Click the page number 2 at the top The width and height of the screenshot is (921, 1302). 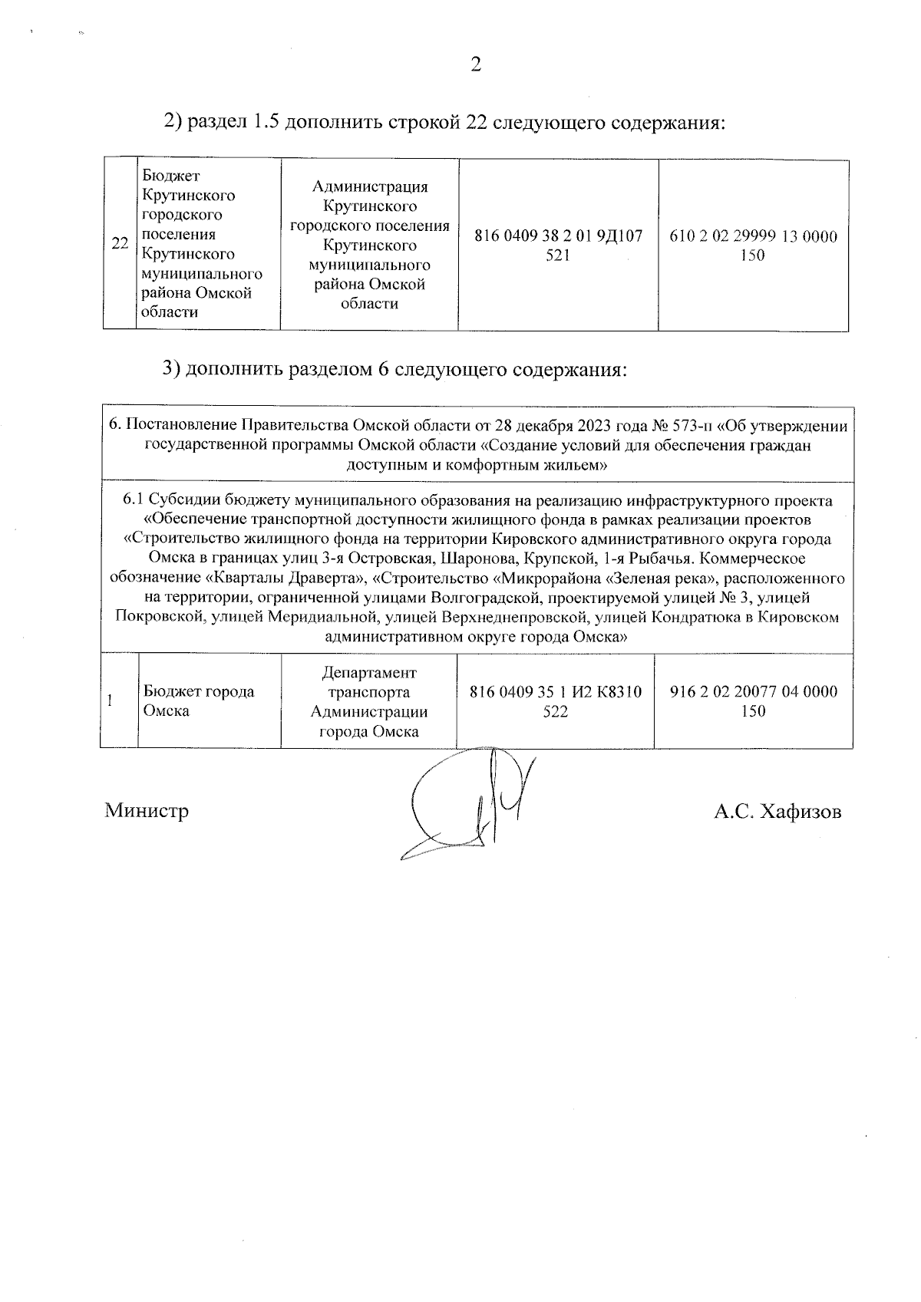click(475, 65)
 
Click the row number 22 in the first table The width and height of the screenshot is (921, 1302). click(119, 245)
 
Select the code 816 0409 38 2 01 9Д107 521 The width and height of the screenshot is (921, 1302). click(558, 246)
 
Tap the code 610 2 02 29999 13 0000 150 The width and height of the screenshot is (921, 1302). click(753, 246)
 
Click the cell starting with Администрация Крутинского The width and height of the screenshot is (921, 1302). click(369, 245)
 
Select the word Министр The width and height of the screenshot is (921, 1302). click(147, 811)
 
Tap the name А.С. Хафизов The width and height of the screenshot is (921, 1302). click(777, 812)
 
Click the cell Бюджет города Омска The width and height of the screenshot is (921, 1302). click(199, 700)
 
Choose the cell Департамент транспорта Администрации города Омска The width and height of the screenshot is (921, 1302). click(369, 701)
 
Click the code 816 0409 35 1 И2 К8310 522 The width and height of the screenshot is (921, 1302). click(555, 701)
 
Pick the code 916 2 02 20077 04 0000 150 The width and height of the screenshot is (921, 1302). click(753, 701)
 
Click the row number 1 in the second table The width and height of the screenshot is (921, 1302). click(111, 700)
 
